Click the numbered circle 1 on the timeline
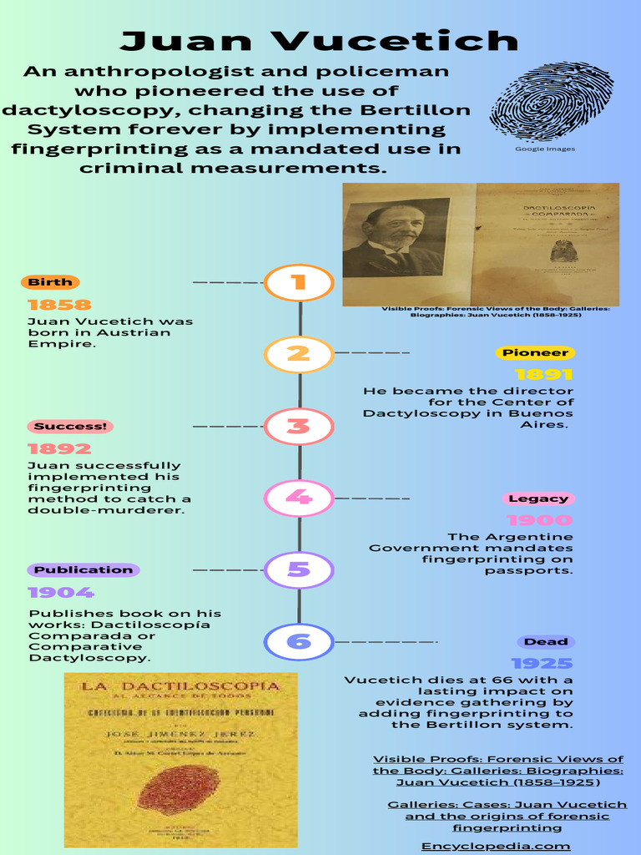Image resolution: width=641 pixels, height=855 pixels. coord(299,282)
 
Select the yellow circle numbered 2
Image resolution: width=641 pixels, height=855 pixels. coord(299,353)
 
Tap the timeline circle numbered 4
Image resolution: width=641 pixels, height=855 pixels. coord(299,498)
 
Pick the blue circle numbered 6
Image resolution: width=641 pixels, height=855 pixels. coord(299,642)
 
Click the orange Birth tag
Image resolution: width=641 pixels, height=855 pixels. coord(51,282)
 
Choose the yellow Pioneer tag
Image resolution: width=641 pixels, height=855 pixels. coord(535,353)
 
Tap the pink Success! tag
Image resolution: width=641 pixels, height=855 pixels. coord(70,427)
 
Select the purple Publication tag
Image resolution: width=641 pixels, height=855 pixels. coord(83,570)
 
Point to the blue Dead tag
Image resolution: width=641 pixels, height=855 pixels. coord(546,642)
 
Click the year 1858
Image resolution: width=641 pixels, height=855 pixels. coord(59,305)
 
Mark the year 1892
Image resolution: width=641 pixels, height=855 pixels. coord(59,449)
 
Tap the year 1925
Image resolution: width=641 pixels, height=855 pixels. coord(543,664)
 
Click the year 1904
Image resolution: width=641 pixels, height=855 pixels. coord(62,593)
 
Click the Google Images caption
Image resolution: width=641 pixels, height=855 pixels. coord(545,149)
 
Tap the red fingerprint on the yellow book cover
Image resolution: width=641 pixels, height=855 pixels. coord(178,788)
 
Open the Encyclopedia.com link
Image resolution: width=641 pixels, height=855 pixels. coord(496,846)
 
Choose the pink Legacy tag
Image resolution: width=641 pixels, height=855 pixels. coord(538,498)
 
